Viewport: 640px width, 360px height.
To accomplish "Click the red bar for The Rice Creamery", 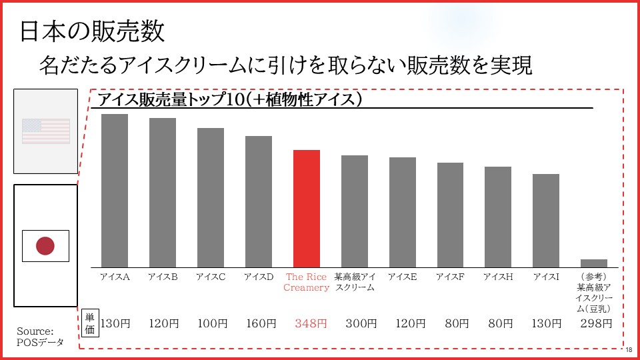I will pos(307,208).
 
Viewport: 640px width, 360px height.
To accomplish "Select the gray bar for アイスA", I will pos(115,190).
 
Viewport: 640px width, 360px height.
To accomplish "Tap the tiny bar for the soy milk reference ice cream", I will pos(593,263).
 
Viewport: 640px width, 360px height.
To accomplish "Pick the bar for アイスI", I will pos(546,220).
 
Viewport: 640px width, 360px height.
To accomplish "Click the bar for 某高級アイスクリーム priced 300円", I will pos(355,211).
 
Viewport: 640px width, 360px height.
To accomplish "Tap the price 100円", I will pos(212,324).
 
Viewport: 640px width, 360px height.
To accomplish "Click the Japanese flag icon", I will pos(45,246).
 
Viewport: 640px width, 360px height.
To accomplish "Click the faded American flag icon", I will pos(46,131).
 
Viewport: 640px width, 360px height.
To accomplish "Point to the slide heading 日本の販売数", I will pos(92,31).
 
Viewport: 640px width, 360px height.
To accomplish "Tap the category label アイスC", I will pos(211,277).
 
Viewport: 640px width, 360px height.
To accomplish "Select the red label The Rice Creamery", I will pos(307,282).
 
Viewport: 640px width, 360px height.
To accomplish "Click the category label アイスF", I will pos(450,277).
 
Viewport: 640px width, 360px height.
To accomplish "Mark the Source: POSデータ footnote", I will pos(40,337).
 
